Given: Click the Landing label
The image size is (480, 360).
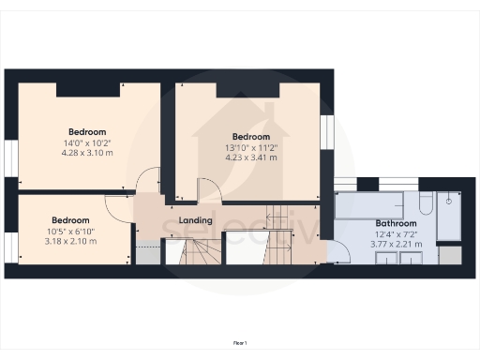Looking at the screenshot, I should tap(196, 221).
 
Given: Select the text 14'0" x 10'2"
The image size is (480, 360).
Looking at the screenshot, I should tap(86, 142).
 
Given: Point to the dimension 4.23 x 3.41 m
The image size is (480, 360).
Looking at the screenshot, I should tap(250, 157).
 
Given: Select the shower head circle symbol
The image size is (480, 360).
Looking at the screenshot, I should tap(450, 199).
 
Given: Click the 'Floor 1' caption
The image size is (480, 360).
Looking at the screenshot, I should tap(239, 344).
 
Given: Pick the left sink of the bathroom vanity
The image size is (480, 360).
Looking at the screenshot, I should tap(385, 258).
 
